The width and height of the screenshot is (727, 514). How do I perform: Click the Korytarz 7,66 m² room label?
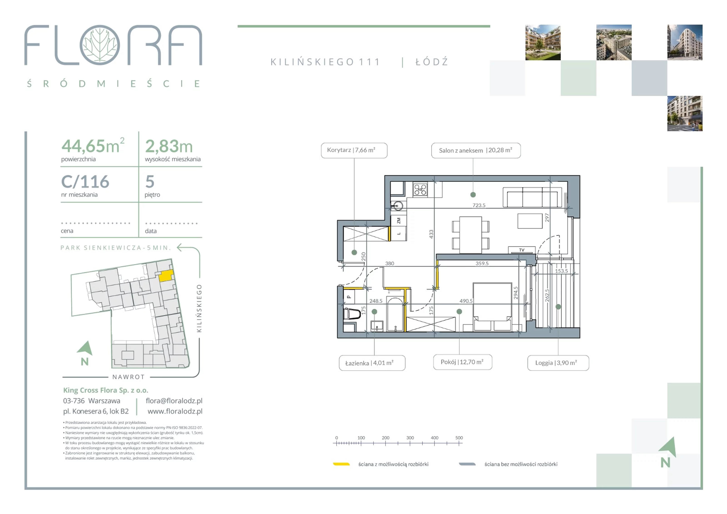pyautogui.click(x=354, y=150)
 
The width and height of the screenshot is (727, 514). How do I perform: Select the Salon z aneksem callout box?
pyautogui.click(x=476, y=150)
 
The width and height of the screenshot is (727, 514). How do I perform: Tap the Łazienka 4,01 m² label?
pyautogui.click(x=372, y=363)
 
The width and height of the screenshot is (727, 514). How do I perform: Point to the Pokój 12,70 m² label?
pyautogui.click(x=462, y=362)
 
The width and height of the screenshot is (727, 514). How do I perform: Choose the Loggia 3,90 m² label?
pyautogui.click(x=558, y=363)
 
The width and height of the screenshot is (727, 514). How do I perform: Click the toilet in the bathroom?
pyautogui.click(x=352, y=314)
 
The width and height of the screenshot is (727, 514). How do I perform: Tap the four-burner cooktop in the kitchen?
pyautogui.click(x=420, y=190)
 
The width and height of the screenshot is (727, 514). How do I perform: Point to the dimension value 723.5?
pyautogui.click(x=479, y=205)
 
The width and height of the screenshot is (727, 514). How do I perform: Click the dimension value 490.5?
pyautogui.click(x=466, y=301)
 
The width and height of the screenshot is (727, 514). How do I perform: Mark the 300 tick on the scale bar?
pyautogui.click(x=410, y=443)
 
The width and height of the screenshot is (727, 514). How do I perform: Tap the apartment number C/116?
pyautogui.click(x=85, y=182)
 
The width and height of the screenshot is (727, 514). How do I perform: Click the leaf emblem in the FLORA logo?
pyautogui.click(x=100, y=45)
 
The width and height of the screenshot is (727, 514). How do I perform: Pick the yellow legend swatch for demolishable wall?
pyautogui.click(x=341, y=464)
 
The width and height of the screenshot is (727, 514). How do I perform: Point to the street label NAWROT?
pyautogui.click(x=129, y=377)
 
